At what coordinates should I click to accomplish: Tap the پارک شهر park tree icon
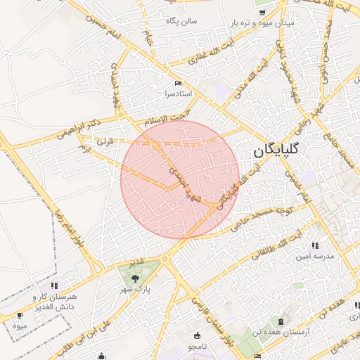[134, 279]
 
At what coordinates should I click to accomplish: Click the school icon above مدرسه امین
[315, 245]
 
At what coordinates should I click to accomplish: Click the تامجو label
[197, 347]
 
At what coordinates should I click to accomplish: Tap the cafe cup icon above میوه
[20, 315]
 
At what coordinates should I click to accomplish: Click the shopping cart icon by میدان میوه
[261, 11]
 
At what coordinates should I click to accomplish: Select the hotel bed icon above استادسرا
[179, 82]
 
